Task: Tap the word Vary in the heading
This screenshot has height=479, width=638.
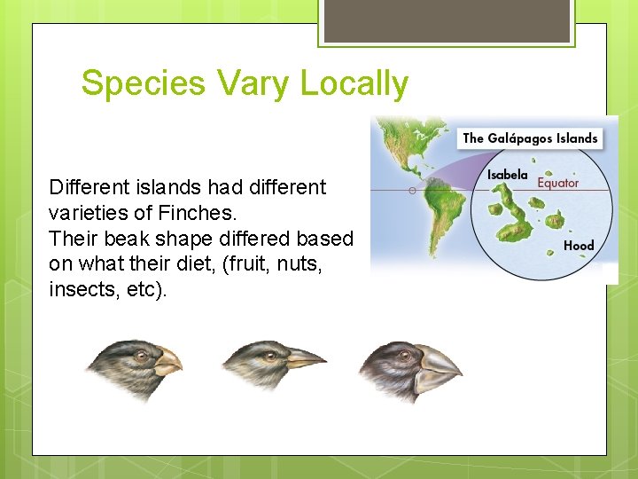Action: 250,84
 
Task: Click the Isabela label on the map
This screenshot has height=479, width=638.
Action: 507,175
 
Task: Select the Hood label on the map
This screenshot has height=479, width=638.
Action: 579,245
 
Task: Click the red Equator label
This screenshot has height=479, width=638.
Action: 557,183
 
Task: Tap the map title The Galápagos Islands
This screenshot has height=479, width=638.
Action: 530,137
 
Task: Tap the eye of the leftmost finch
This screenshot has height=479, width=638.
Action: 141,356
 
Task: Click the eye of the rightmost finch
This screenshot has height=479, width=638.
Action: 405,356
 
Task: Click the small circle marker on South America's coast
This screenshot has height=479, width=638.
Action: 412,190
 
